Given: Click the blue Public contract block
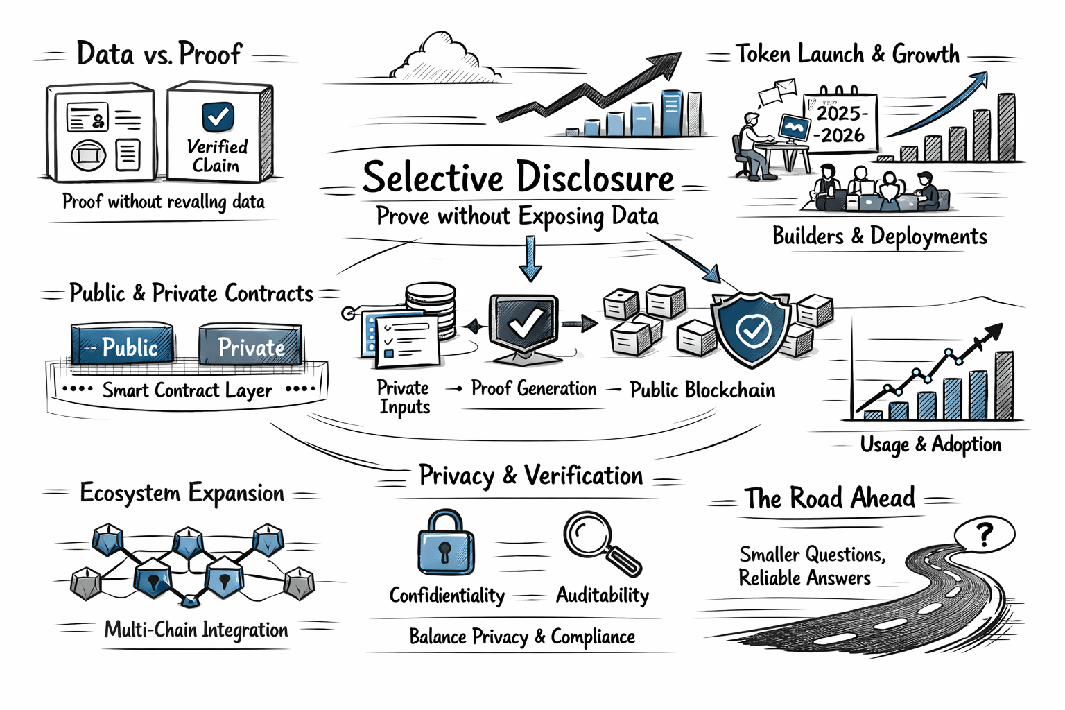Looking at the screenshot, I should click(123, 345).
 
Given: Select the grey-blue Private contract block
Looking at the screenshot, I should click(250, 345).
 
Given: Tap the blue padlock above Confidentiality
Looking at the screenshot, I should click(446, 544).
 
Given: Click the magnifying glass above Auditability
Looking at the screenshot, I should click(600, 542).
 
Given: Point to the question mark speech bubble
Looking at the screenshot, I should click(984, 534).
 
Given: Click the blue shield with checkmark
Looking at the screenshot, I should click(751, 330).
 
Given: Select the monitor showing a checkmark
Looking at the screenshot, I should click(524, 323).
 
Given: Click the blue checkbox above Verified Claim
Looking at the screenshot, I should click(218, 116).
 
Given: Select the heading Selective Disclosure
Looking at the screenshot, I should click(518, 177).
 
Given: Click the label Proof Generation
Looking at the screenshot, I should click(533, 388).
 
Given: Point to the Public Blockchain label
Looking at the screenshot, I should click(702, 390).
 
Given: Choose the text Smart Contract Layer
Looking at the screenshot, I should click(187, 390).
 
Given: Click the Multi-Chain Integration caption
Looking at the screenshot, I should click(196, 630).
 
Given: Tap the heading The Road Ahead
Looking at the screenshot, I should click(830, 498).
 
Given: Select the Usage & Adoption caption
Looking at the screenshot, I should click(930, 444).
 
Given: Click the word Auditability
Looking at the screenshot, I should click(602, 595).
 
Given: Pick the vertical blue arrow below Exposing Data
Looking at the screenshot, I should click(530, 259).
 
